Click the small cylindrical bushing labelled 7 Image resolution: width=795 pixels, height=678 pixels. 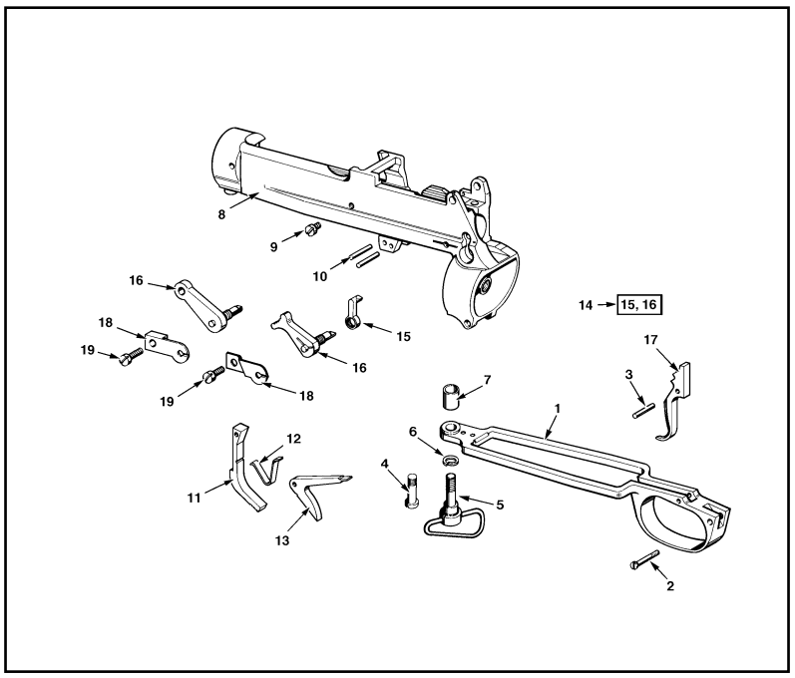[x=448, y=393]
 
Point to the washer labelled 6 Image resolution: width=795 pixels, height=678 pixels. [x=451, y=460]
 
